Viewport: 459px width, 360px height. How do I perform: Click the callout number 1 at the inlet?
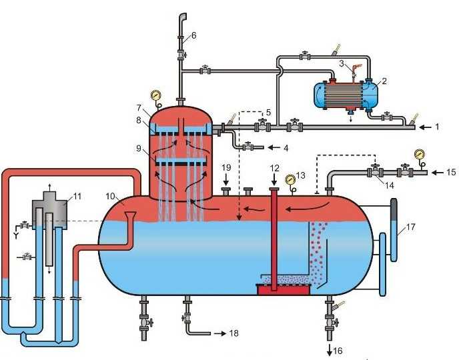pos(437,127)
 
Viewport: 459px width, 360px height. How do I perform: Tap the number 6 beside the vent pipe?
pos(193,36)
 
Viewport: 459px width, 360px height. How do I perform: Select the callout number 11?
pos(77,196)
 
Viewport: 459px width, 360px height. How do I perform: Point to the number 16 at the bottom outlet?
pos(338,351)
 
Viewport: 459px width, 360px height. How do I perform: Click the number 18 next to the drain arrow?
pos(234,333)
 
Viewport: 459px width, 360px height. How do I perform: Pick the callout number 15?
pos(451,172)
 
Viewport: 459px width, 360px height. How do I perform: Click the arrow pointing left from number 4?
pos(274,148)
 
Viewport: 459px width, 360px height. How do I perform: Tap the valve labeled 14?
pos(376,171)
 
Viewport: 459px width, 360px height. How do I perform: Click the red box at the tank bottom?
pos(283,289)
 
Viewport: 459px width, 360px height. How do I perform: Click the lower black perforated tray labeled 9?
pos(181,164)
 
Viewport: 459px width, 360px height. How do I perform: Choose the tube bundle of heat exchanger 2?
pos(344,95)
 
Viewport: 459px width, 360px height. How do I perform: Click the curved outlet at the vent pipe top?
pos(183,17)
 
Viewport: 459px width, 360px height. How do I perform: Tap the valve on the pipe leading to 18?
pos(185,317)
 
